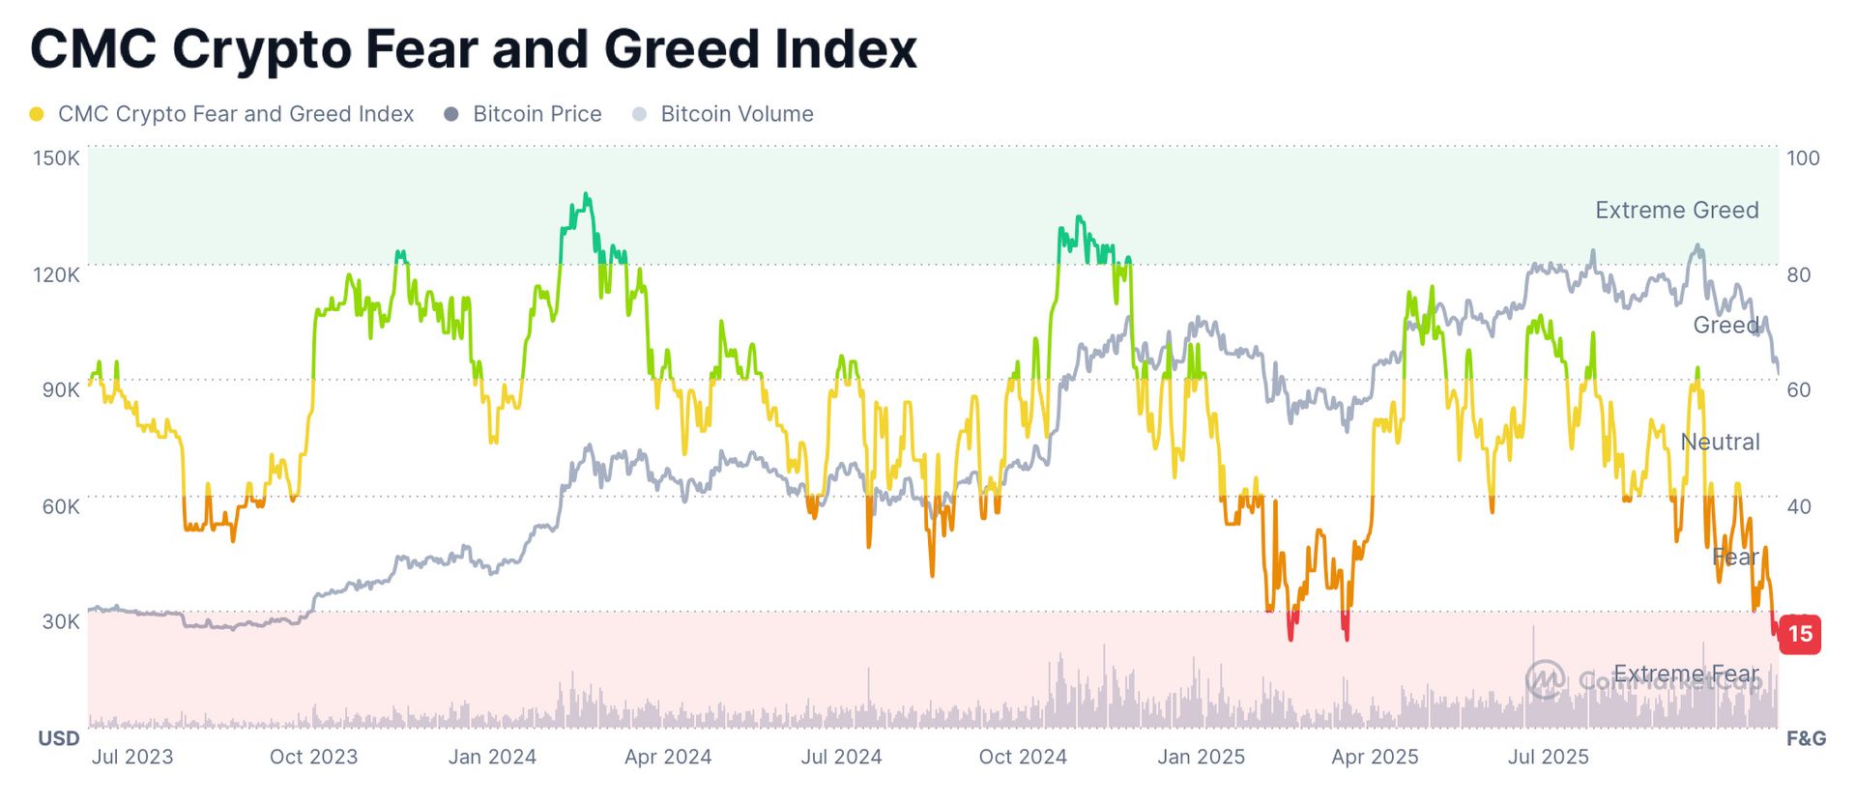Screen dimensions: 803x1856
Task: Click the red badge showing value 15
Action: coord(1800,634)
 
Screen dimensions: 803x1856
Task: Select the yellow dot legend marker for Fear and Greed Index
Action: coord(37,114)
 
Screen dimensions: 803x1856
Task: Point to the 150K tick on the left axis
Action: coord(56,158)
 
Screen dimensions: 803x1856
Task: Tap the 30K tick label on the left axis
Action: coord(60,621)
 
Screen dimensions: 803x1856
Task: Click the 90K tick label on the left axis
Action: coord(60,389)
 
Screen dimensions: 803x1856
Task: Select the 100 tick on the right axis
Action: coord(1803,158)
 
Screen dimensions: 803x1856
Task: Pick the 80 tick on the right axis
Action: coord(1799,274)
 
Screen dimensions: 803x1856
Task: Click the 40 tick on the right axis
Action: coord(1799,506)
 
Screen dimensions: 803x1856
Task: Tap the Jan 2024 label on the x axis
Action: coord(492,757)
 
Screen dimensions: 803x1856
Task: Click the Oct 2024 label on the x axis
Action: coord(1023,757)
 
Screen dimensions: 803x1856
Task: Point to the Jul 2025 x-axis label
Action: coord(1549,757)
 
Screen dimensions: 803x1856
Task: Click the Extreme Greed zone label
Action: coord(1676,210)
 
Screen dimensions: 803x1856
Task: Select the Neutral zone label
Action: coord(1720,442)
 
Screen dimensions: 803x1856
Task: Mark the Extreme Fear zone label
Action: coord(1686,674)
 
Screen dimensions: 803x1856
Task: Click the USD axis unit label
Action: coord(59,738)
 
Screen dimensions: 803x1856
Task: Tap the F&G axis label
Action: coord(1806,738)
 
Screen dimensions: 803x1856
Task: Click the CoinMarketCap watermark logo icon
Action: coord(1545,680)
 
